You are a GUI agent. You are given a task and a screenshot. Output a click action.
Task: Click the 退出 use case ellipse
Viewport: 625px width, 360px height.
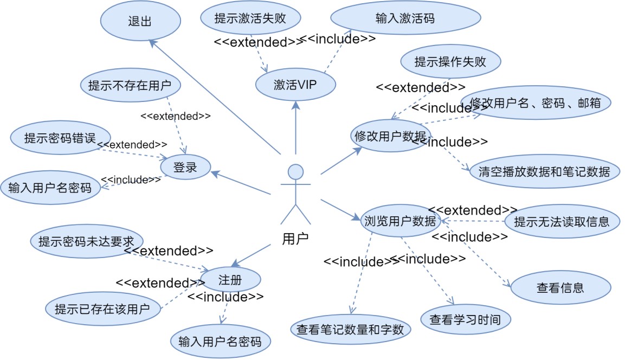click(x=139, y=22)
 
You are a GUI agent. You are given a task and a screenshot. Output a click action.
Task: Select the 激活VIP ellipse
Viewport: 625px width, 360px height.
click(x=295, y=85)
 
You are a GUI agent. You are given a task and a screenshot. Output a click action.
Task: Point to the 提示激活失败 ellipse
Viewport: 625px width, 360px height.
click(x=250, y=18)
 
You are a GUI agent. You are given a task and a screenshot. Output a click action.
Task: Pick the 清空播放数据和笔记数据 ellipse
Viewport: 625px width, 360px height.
click(x=544, y=172)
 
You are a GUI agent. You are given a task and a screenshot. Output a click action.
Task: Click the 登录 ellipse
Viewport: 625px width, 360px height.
click(x=185, y=168)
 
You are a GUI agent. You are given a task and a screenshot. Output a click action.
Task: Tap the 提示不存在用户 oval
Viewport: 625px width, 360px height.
click(x=130, y=85)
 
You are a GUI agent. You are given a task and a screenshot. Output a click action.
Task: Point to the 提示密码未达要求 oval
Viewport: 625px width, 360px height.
click(x=87, y=241)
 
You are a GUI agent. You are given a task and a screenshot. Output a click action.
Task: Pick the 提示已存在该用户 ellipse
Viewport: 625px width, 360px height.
click(x=102, y=310)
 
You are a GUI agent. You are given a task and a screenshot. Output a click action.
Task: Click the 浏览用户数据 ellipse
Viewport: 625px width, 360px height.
click(x=400, y=221)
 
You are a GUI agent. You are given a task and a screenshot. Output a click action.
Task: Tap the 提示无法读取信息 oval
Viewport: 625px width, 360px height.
click(x=561, y=221)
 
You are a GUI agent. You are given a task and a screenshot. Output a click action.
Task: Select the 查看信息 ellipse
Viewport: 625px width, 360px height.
click(x=560, y=288)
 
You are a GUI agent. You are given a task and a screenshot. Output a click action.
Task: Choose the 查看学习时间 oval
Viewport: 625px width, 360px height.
click(x=466, y=319)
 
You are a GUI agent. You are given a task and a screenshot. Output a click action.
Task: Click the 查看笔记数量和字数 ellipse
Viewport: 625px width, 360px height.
click(x=350, y=329)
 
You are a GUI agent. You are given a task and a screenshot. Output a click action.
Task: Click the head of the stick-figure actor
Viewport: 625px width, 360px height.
click(x=295, y=172)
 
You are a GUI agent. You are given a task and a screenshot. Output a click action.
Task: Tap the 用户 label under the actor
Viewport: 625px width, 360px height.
click(x=295, y=238)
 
